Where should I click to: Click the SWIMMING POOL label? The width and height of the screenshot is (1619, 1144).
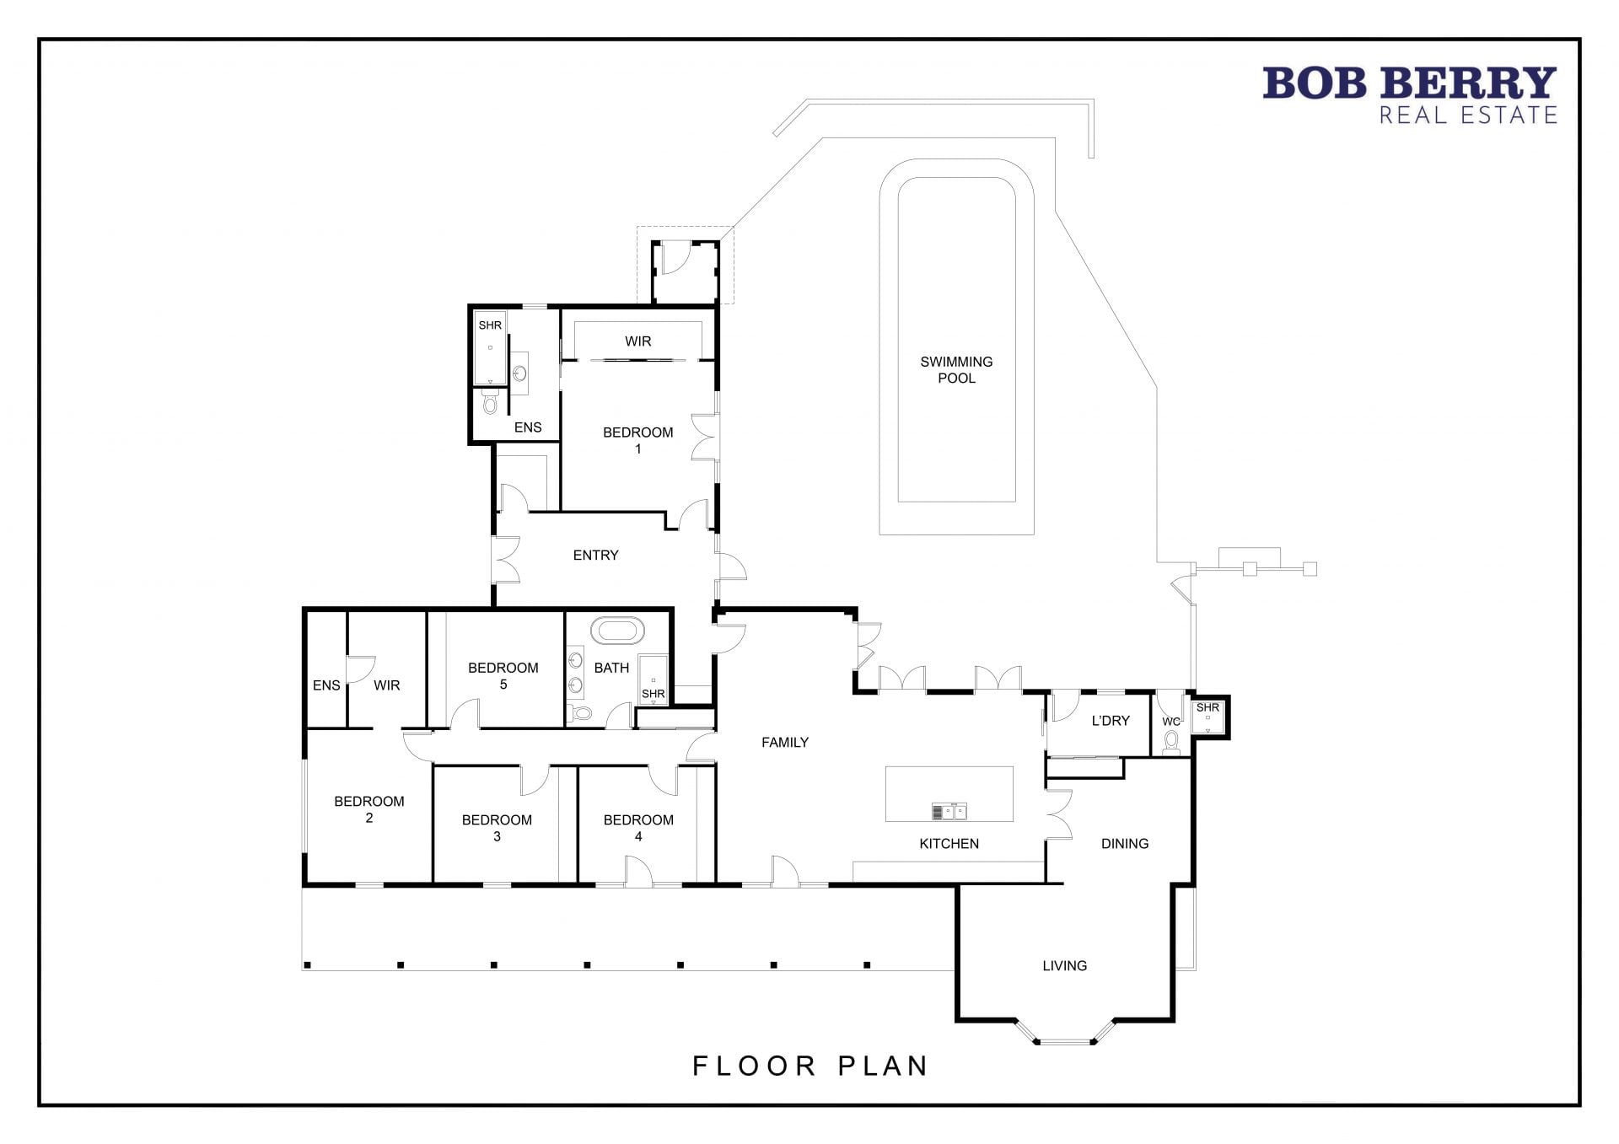(x=956, y=370)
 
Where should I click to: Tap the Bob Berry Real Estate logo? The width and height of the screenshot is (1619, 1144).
(x=1409, y=95)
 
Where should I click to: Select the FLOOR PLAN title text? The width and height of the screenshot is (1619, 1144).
(x=810, y=1066)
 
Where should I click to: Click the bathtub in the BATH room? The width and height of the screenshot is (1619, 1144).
(x=617, y=631)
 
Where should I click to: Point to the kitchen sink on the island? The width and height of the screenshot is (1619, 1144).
(x=949, y=812)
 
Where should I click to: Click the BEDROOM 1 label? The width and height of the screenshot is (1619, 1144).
(x=637, y=440)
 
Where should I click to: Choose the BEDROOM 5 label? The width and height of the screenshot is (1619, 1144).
(x=503, y=676)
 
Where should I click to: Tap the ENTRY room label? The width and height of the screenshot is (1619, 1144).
(x=595, y=555)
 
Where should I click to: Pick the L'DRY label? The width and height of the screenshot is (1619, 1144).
(x=1111, y=720)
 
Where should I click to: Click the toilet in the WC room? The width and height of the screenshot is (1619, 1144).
(x=1170, y=740)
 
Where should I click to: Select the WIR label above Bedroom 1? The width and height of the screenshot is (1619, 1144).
(x=637, y=341)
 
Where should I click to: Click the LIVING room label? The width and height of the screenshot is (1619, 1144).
(x=1064, y=965)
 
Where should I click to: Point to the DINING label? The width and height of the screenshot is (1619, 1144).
(x=1125, y=843)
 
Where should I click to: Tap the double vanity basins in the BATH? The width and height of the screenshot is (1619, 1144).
(x=576, y=671)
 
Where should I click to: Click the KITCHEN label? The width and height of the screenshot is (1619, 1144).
(x=949, y=843)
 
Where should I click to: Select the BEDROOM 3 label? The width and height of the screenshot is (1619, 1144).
(x=497, y=828)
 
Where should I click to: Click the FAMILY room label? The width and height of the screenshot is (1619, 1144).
(x=785, y=742)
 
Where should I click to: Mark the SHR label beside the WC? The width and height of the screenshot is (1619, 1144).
(x=1208, y=707)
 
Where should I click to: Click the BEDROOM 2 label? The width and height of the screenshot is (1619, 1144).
(x=369, y=809)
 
